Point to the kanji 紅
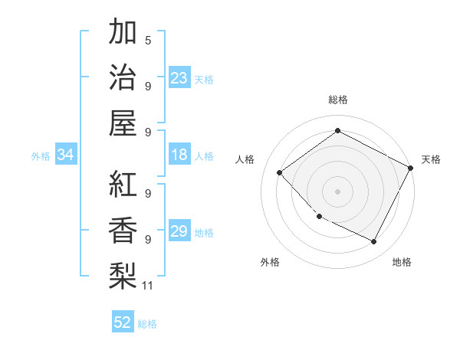123,184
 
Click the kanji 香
123,229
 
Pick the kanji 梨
123,274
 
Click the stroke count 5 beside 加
147,40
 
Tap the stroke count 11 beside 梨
148,286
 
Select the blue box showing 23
179,77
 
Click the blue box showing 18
179,155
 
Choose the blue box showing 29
179,231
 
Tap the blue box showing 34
66,155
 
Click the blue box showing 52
123,322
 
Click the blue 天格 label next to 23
204,79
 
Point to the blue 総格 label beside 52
147,324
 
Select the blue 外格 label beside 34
41,156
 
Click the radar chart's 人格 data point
280,173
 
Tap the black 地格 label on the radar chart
402,262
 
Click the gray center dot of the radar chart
337,191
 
